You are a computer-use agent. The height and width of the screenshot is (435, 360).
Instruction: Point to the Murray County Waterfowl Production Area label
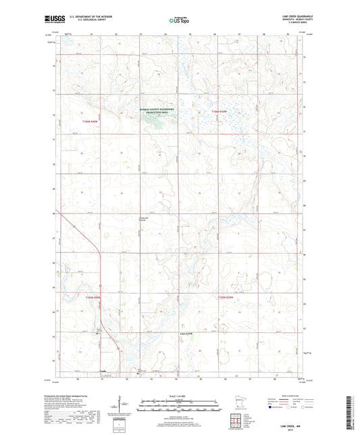coord(157,110)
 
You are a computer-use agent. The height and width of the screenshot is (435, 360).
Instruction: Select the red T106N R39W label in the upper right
coord(220,111)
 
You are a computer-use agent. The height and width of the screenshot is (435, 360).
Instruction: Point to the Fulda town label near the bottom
coord(103,371)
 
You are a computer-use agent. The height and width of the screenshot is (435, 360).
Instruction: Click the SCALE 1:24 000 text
coord(180,394)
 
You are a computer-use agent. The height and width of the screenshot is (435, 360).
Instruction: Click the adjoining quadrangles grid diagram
coord(236,424)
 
